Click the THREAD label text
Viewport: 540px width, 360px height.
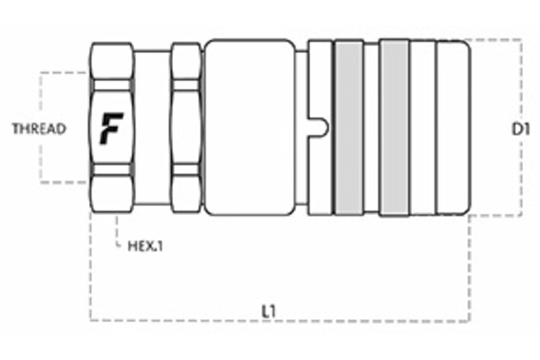(38, 129)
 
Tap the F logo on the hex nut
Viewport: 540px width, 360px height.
(112, 129)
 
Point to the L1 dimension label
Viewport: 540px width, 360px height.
(268, 310)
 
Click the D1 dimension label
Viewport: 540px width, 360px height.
(518, 129)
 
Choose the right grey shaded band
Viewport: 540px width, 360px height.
(393, 129)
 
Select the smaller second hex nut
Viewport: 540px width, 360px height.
(185, 129)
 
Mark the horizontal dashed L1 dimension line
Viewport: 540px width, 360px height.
(360, 320)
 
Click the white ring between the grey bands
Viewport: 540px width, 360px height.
(370, 129)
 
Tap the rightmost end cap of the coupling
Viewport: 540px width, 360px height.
(453, 129)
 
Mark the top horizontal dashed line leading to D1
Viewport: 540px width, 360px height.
(495, 40)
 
